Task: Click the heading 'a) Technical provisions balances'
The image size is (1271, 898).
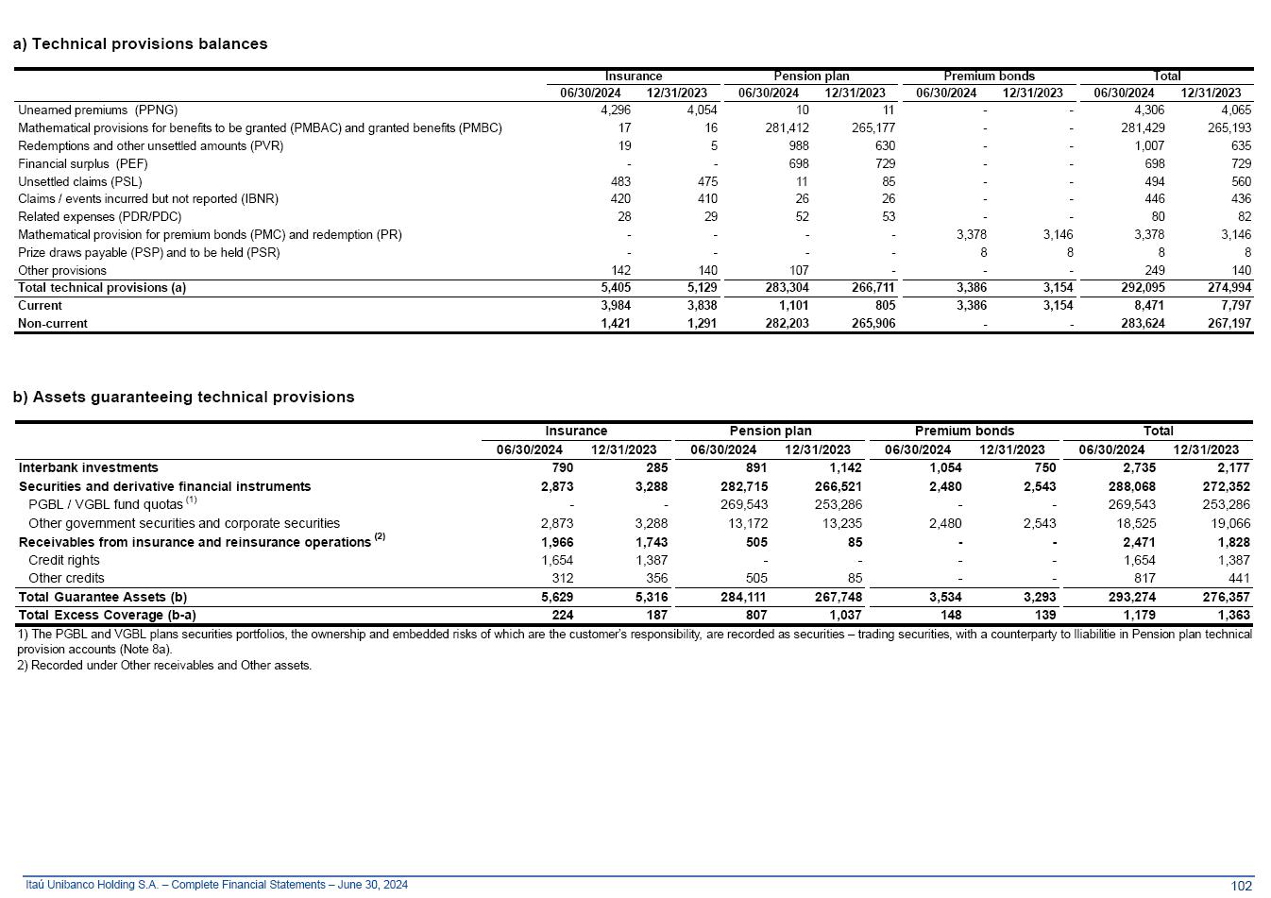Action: [x=140, y=44]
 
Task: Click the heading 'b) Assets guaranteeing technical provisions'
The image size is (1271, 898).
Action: [x=183, y=398]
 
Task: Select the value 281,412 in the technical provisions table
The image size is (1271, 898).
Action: [x=787, y=127]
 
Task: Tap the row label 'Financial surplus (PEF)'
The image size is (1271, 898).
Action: [x=83, y=163]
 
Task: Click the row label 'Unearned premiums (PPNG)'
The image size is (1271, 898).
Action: [x=97, y=110]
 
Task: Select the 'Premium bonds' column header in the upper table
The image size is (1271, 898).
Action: [x=989, y=76]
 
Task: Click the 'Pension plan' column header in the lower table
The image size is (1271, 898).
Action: [x=771, y=431]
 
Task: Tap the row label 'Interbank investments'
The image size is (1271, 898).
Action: [x=89, y=467]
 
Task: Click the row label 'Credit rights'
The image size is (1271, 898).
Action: [x=64, y=560]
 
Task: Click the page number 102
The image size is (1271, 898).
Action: [x=1242, y=885]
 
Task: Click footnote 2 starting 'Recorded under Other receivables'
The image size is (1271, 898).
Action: [x=164, y=665]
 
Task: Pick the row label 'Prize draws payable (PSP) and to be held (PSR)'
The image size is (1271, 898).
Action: [x=148, y=252]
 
